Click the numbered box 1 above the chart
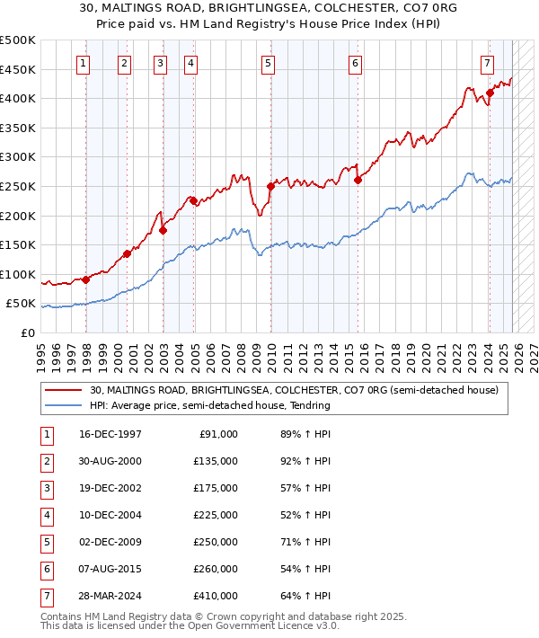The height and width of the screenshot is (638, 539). (x=83, y=63)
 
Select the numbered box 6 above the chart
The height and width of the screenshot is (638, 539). (x=356, y=63)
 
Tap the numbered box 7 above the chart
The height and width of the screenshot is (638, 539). (x=486, y=63)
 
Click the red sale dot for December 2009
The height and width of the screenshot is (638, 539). (x=270, y=186)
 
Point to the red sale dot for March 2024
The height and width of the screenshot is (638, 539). (x=490, y=92)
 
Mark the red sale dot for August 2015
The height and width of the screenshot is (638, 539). (x=358, y=180)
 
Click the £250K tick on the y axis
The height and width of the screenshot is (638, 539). (x=18, y=186)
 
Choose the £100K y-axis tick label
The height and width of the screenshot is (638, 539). (x=18, y=274)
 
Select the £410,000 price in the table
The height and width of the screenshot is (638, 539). (x=216, y=596)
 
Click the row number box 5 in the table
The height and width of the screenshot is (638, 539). (x=45, y=542)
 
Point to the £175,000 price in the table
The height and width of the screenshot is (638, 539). (x=216, y=488)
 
